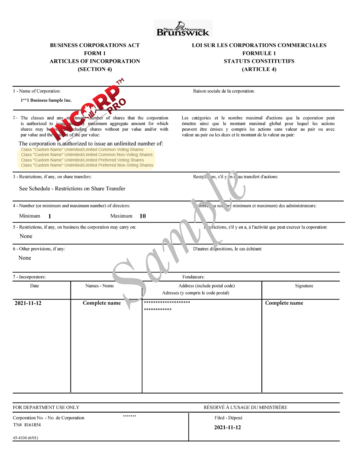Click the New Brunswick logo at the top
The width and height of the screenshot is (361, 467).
coord(183,29)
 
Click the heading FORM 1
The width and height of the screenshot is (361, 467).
coord(95,53)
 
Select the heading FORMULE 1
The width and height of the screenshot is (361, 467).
coord(259,53)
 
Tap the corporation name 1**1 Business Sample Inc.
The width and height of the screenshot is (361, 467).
coord(46,100)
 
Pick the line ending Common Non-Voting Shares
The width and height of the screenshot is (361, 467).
coord(87,155)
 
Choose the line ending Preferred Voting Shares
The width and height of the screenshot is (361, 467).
coord(82,160)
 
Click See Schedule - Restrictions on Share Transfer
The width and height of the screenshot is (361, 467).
coord(72,189)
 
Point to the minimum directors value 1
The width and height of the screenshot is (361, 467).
coord(50,216)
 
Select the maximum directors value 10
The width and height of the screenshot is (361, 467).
coord(143,216)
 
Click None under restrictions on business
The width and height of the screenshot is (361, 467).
coord(26,236)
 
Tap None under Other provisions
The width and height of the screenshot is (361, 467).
coord(25,258)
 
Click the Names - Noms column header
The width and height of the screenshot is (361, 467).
coord(100,286)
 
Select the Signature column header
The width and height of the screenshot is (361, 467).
coord(304,286)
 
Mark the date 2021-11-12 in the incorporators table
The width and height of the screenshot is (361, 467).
coord(28,303)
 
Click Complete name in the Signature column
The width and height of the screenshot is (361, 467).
coord(284,303)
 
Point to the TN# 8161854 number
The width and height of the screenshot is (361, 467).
coord(27,425)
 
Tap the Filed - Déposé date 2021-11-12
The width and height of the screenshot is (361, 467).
coord(227,427)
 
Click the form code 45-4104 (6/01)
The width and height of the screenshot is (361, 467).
coord(26,438)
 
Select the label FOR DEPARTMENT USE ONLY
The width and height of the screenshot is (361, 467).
coord(46,407)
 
